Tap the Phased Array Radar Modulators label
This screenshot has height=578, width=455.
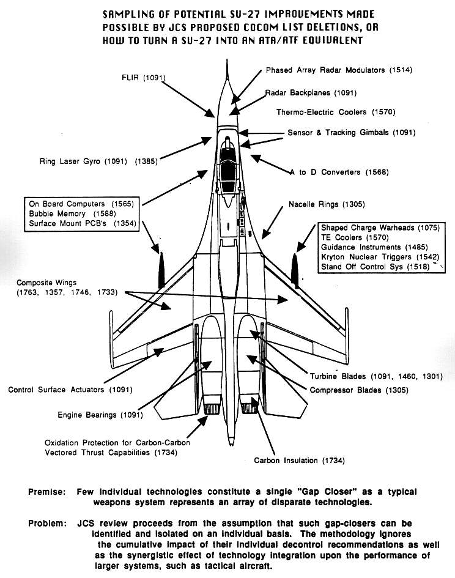coord(339,70)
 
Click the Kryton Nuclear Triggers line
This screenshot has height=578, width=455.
coord(380,257)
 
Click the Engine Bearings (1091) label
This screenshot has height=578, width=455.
coord(100,415)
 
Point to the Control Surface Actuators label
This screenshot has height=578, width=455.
coord(70,389)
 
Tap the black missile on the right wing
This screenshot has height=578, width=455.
coord(294,270)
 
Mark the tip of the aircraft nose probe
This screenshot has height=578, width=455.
coord(227,62)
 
